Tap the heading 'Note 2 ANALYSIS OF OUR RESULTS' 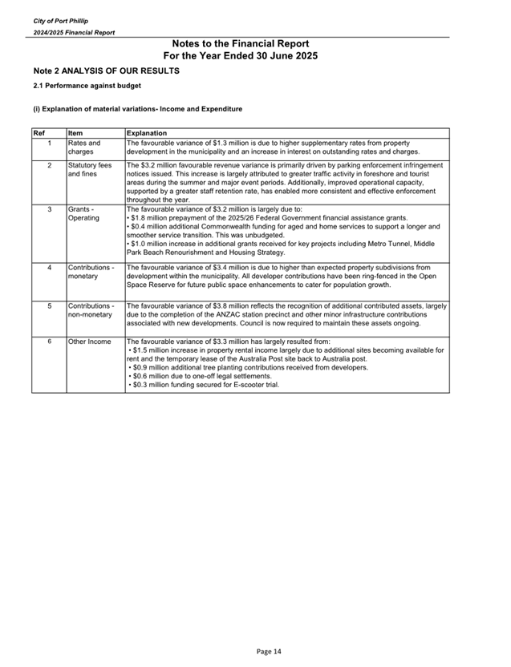[106, 71]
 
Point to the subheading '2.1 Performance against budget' [87, 85]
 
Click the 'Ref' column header [39, 132]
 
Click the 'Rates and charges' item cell [84, 148]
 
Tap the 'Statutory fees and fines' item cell [89, 169]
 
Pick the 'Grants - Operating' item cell [84, 213]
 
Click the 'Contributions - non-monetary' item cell [91, 309]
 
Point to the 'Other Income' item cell [89, 342]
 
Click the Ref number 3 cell [50, 209]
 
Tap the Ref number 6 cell [50, 342]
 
